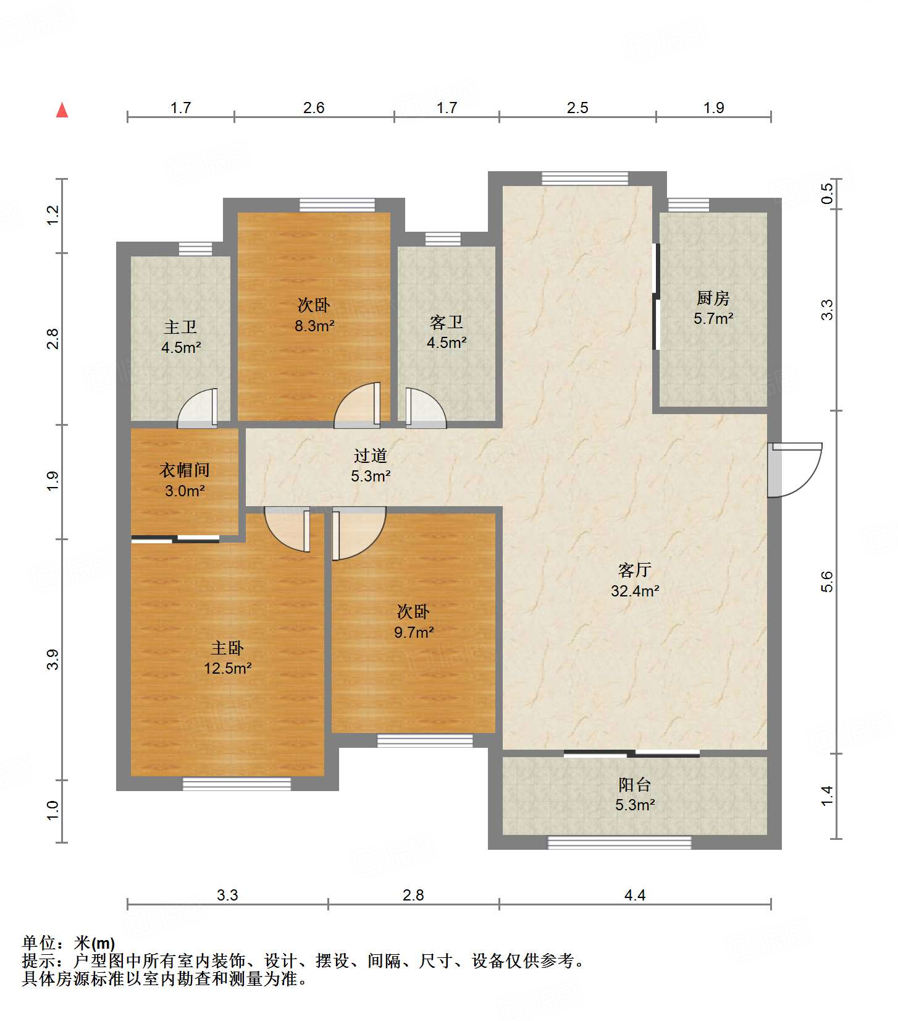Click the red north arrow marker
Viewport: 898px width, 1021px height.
[x=62, y=110]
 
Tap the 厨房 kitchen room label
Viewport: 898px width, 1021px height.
[x=713, y=299]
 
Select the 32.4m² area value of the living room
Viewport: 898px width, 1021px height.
[x=635, y=591]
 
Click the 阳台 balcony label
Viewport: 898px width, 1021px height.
[x=635, y=785]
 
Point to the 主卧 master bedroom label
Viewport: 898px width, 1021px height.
[x=227, y=648]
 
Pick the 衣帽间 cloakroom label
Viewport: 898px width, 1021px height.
[x=185, y=470]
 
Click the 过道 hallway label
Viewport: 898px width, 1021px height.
[x=371, y=456]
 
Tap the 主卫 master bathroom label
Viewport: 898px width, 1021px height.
[x=181, y=327]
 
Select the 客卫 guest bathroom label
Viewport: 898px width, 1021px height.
[x=447, y=323]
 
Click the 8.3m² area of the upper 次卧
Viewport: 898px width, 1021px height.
[x=314, y=326]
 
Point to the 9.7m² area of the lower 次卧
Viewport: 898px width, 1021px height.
[x=414, y=632]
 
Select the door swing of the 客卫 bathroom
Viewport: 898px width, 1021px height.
[x=426, y=408]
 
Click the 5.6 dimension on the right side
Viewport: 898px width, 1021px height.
[x=827, y=582]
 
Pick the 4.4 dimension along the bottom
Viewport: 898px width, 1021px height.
[x=635, y=895]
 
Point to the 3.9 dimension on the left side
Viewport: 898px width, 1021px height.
[x=54, y=659]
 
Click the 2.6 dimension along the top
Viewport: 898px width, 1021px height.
[x=314, y=108]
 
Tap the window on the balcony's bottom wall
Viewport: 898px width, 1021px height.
[x=619, y=842]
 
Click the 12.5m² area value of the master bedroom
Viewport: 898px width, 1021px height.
[x=228, y=668]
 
